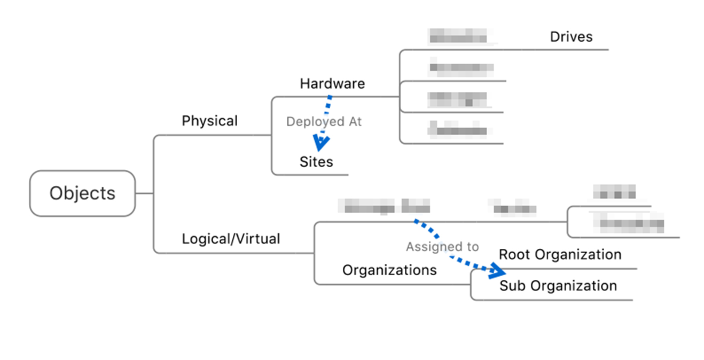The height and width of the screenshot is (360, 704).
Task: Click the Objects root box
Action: pos(82,193)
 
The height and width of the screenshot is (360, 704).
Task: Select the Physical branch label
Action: pos(210,121)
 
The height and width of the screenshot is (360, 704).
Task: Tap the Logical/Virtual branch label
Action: pos(231,239)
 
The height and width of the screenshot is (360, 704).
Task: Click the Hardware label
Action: pos(332,84)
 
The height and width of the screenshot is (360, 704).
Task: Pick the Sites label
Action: pos(316,162)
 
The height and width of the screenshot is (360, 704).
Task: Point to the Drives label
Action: pos(571,37)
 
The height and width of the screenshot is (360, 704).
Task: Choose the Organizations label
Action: pos(389,270)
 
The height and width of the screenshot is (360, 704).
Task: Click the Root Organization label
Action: pos(560,254)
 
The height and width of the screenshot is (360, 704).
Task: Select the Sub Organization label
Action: pos(558,286)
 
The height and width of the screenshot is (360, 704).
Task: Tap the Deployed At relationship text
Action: pos(324,121)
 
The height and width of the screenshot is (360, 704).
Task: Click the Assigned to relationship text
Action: pos(442,247)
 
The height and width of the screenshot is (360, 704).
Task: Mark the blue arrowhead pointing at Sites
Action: pos(321,143)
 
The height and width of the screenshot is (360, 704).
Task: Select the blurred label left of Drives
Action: pos(458,36)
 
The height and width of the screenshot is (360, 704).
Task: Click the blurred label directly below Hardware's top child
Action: pos(461,68)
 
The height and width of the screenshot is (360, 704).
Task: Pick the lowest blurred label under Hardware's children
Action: pos(458,129)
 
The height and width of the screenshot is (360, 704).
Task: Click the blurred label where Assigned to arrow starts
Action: pos(384,206)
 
